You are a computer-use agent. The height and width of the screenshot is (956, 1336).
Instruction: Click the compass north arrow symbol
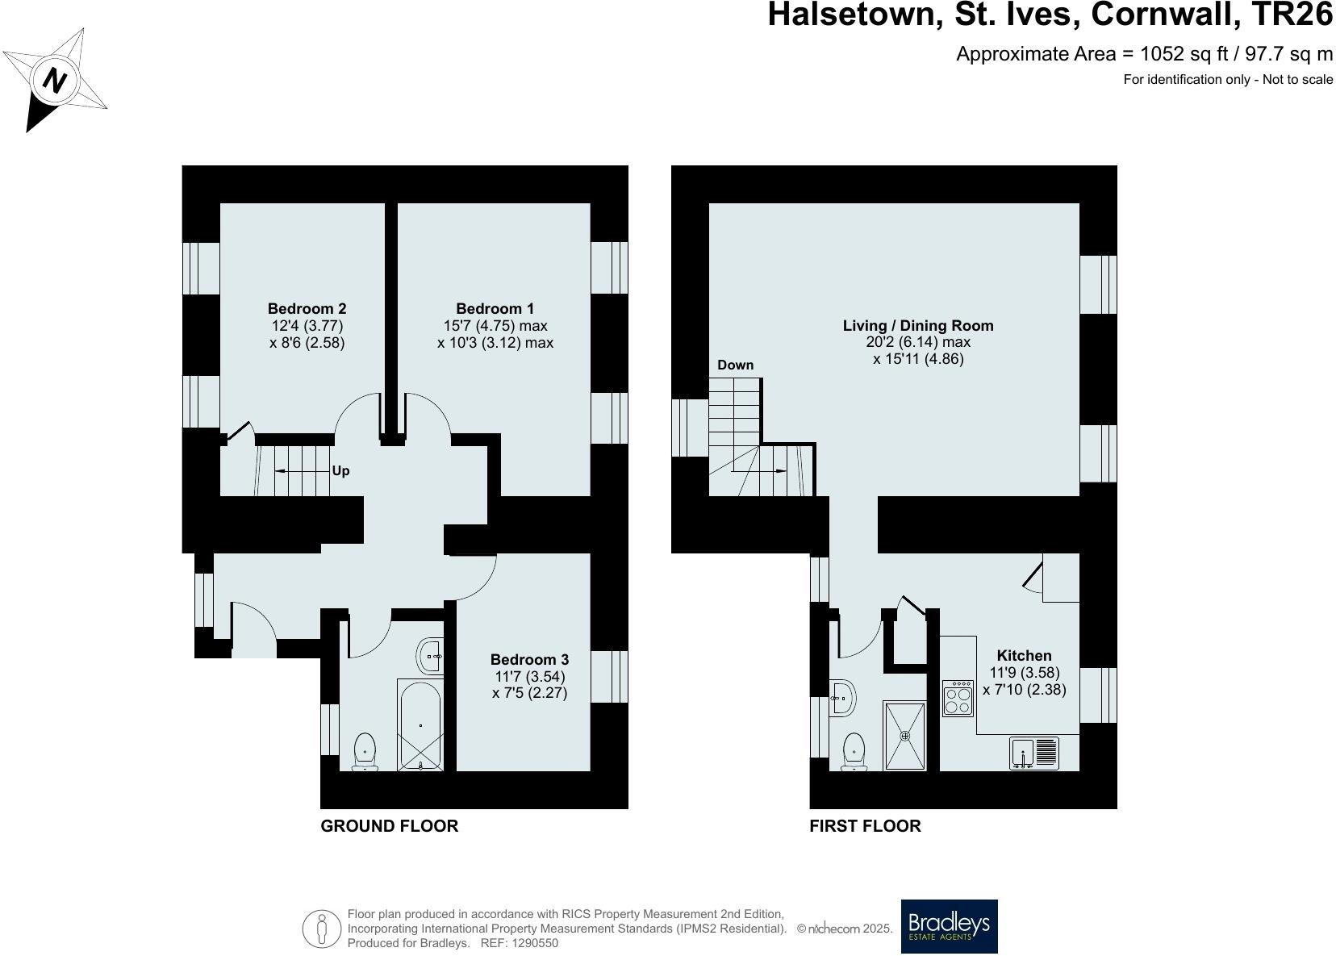(x=54, y=80)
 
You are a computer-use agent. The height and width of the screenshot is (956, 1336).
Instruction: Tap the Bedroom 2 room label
(x=307, y=309)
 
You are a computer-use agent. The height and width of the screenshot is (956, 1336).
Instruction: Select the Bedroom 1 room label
(x=495, y=309)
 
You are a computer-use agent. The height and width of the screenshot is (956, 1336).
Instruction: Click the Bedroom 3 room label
(x=529, y=660)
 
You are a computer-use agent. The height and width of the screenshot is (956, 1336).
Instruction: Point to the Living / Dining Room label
(x=918, y=326)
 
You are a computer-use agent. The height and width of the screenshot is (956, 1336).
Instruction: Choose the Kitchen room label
(x=1024, y=656)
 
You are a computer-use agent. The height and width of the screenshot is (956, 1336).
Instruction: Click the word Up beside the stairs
(x=340, y=471)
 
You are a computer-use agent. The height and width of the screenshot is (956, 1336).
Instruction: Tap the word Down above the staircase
(x=735, y=365)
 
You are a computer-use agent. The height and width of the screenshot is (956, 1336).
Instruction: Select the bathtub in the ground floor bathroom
(x=420, y=724)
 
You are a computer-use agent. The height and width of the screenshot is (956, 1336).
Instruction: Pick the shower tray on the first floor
(x=904, y=735)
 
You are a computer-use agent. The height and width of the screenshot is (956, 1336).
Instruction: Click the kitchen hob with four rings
(x=958, y=698)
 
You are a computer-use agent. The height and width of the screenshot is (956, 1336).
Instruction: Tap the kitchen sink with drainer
(x=1033, y=754)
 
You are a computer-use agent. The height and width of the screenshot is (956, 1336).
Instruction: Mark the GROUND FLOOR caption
(x=390, y=826)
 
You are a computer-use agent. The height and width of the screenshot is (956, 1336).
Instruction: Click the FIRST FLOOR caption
(x=865, y=826)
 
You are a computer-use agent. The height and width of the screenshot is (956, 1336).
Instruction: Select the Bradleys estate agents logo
(x=949, y=926)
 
